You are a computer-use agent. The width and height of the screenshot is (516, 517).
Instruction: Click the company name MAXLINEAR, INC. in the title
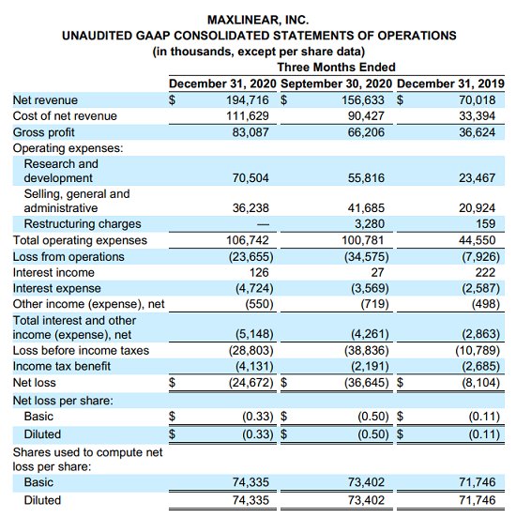point(258,20)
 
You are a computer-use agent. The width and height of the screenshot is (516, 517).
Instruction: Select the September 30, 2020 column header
point(336,84)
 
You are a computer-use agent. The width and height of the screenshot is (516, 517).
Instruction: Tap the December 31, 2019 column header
point(450,84)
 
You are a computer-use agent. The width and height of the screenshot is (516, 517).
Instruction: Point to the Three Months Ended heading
point(336,68)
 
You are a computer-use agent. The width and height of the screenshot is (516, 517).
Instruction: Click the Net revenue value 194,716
point(248,99)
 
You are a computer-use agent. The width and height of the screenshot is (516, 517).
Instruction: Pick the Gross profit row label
point(43,132)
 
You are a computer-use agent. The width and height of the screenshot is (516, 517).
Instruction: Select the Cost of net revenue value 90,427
point(366,116)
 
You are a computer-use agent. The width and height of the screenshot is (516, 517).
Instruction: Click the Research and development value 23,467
point(478,178)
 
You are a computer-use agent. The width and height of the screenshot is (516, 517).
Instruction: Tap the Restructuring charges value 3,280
point(370,224)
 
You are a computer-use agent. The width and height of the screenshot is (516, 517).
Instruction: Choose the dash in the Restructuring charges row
point(263,224)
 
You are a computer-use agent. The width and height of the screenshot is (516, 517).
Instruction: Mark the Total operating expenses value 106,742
point(248,240)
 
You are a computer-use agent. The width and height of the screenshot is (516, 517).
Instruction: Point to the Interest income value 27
point(377,273)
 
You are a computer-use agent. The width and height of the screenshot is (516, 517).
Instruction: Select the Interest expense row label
point(56,288)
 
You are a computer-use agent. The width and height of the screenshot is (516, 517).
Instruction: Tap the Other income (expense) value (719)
point(374,304)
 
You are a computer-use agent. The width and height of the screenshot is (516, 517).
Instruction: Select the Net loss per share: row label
point(63,401)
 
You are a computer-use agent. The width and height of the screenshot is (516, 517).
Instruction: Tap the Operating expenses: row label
point(68,148)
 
